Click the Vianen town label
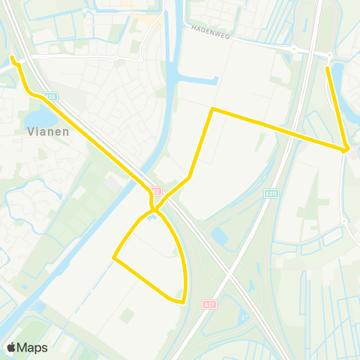pyautogui.click(x=49, y=131)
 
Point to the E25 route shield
pyautogui.click(x=50, y=96)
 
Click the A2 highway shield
pyautogui.click(x=155, y=190)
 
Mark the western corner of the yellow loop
pyautogui.click(x=114, y=258)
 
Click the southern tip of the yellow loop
pyautogui.click(x=182, y=302)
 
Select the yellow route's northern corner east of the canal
pyautogui.click(x=212, y=109)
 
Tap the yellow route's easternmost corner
pyautogui.click(x=346, y=149)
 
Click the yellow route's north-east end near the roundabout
pyautogui.click(x=328, y=68)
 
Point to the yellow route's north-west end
pyautogui.click(x=12, y=57)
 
